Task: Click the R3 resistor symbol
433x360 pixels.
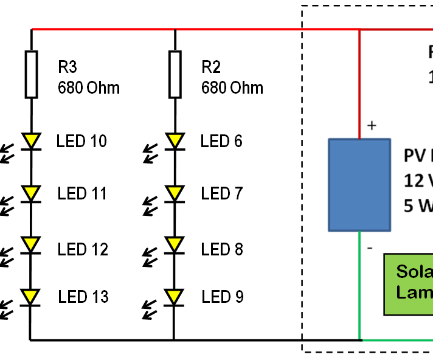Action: (31, 74)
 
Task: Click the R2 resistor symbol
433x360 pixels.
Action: (175, 74)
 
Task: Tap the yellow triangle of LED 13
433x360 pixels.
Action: (31, 297)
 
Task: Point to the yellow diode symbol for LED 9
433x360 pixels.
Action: (175, 297)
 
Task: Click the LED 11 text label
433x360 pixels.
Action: (82, 194)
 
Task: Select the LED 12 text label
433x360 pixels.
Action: (83, 249)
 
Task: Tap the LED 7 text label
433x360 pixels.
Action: (222, 194)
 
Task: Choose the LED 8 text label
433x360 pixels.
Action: (222, 249)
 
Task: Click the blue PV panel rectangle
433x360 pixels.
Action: (359, 185)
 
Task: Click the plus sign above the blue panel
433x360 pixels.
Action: (372, 126)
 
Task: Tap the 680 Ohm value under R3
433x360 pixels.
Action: (89, 88)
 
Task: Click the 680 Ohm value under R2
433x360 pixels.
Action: (232, 88)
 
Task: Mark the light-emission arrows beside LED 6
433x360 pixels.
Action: (150, 152)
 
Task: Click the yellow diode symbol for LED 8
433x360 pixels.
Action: (175, 244)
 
